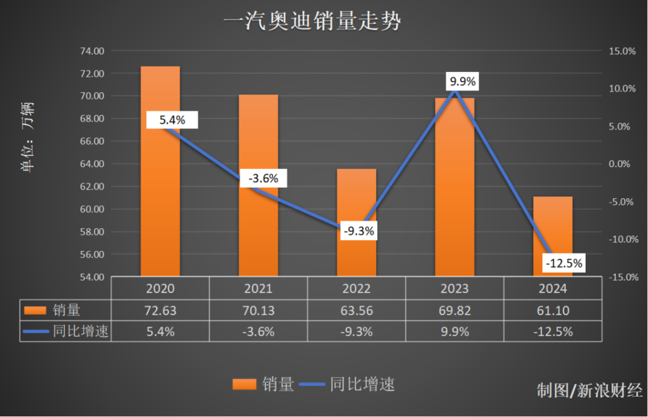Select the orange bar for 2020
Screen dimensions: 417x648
tap(160, 194)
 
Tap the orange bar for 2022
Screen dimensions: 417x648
tap(356, 253)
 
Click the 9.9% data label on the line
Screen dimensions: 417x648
tap(463, 82)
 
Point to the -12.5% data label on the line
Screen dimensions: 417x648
tap(564, 264)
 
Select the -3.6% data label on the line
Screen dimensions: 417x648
tap(263, 179)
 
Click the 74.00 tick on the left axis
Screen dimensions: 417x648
tap(92, 51)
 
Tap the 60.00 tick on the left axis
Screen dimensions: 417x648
tap(92, 209)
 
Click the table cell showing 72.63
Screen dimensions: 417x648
tap(160, 310)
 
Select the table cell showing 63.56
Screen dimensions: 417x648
tap(356, 310)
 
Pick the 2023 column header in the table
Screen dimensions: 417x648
tap(454, 289)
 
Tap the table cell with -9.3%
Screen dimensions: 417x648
tap(356, 332)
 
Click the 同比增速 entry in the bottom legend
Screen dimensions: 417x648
tap(362, 385)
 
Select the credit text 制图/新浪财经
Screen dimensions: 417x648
tap(589, 390)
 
